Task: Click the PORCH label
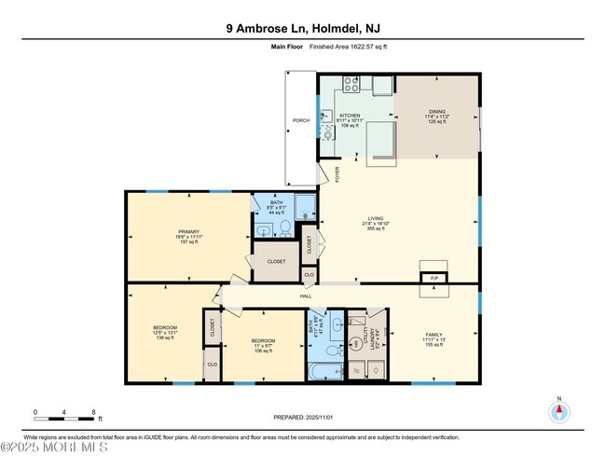pos(301,120)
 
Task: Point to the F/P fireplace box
pos(433,278)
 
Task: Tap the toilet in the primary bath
pos(283,227)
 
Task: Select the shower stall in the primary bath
pos(306,207)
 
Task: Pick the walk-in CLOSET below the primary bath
pos(276,261)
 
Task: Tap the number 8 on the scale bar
pos(94,411)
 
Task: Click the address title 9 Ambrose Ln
pos(302,28)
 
